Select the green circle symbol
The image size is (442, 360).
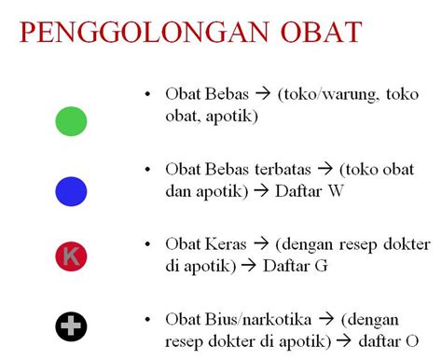[71, 120]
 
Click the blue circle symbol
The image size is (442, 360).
[71, 191]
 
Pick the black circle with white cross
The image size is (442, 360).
[71, 325]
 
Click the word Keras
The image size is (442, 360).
[227, 244]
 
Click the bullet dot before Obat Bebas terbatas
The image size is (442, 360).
[147, 170]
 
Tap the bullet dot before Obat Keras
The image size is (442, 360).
[147, 244]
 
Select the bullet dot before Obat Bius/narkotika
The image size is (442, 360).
[147, 317]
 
